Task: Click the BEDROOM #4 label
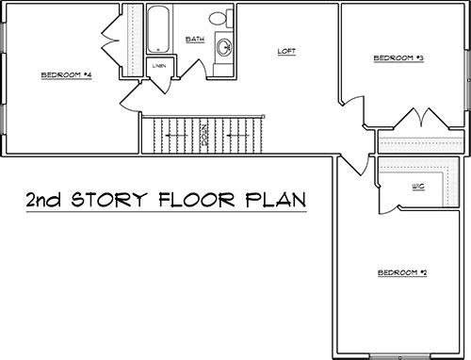[66, 75]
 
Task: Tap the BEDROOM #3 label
[398, 58]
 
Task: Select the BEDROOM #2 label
[402, 272]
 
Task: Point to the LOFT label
[286, 51]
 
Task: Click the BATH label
[195, 40]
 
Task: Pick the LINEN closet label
[159, 66]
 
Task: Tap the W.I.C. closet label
[418, 187]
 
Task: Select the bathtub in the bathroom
[158, 29]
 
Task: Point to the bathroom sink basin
[224, 47]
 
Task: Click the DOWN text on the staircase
[204, 135]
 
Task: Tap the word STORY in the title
[109, 200]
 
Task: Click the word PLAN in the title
[276, 200]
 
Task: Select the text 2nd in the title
[43, 200]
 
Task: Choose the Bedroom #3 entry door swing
[354, 106]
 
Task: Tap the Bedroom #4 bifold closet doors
[110, 41]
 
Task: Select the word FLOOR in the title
[197, 200]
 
